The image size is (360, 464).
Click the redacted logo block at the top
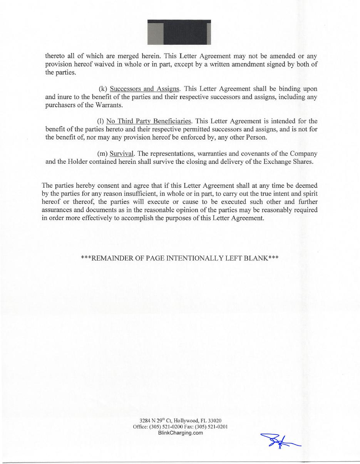pos(179,32)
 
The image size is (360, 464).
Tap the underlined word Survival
pos(119,153)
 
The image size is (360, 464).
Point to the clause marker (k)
pos(103,89)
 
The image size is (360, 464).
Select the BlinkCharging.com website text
pos(181,433)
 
